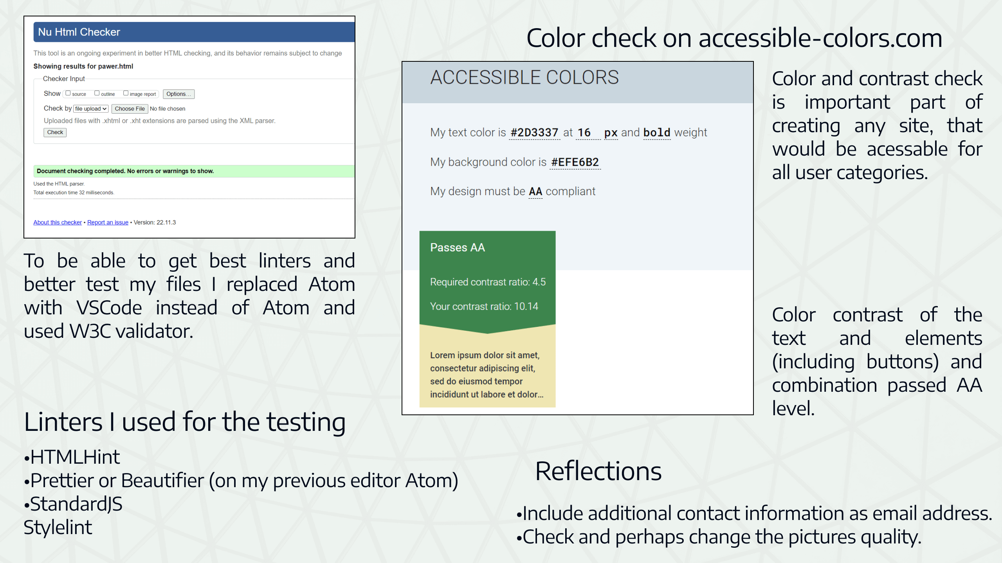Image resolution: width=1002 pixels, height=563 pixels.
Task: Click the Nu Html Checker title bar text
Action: [79, 32]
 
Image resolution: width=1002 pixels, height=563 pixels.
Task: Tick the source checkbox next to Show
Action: [68, 93]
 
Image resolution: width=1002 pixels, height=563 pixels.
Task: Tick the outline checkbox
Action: [97, 93]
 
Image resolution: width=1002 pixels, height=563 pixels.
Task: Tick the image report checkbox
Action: [126, 93]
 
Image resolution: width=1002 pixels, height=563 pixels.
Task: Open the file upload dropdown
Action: [91, 109]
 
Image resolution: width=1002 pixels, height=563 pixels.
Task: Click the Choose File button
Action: [130, 109]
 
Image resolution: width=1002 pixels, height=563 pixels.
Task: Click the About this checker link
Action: [58, 222]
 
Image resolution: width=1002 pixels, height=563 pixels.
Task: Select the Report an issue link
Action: [108, 222]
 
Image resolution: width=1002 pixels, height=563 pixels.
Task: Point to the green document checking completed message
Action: [125, 171]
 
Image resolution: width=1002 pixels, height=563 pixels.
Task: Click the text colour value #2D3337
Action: [534, 133]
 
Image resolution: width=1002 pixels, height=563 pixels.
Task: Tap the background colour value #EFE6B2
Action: [575, 162]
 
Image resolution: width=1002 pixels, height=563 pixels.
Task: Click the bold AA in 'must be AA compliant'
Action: [535, 192]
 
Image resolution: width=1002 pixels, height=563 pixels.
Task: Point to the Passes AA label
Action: [457, 247]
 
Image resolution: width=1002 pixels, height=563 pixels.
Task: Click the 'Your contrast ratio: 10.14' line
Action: [484, 307]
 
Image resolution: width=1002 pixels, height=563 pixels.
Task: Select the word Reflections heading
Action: [598, 471]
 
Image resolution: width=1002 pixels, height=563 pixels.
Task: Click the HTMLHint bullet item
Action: [74, 457]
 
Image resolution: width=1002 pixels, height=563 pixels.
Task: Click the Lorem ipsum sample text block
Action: [487, 375]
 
